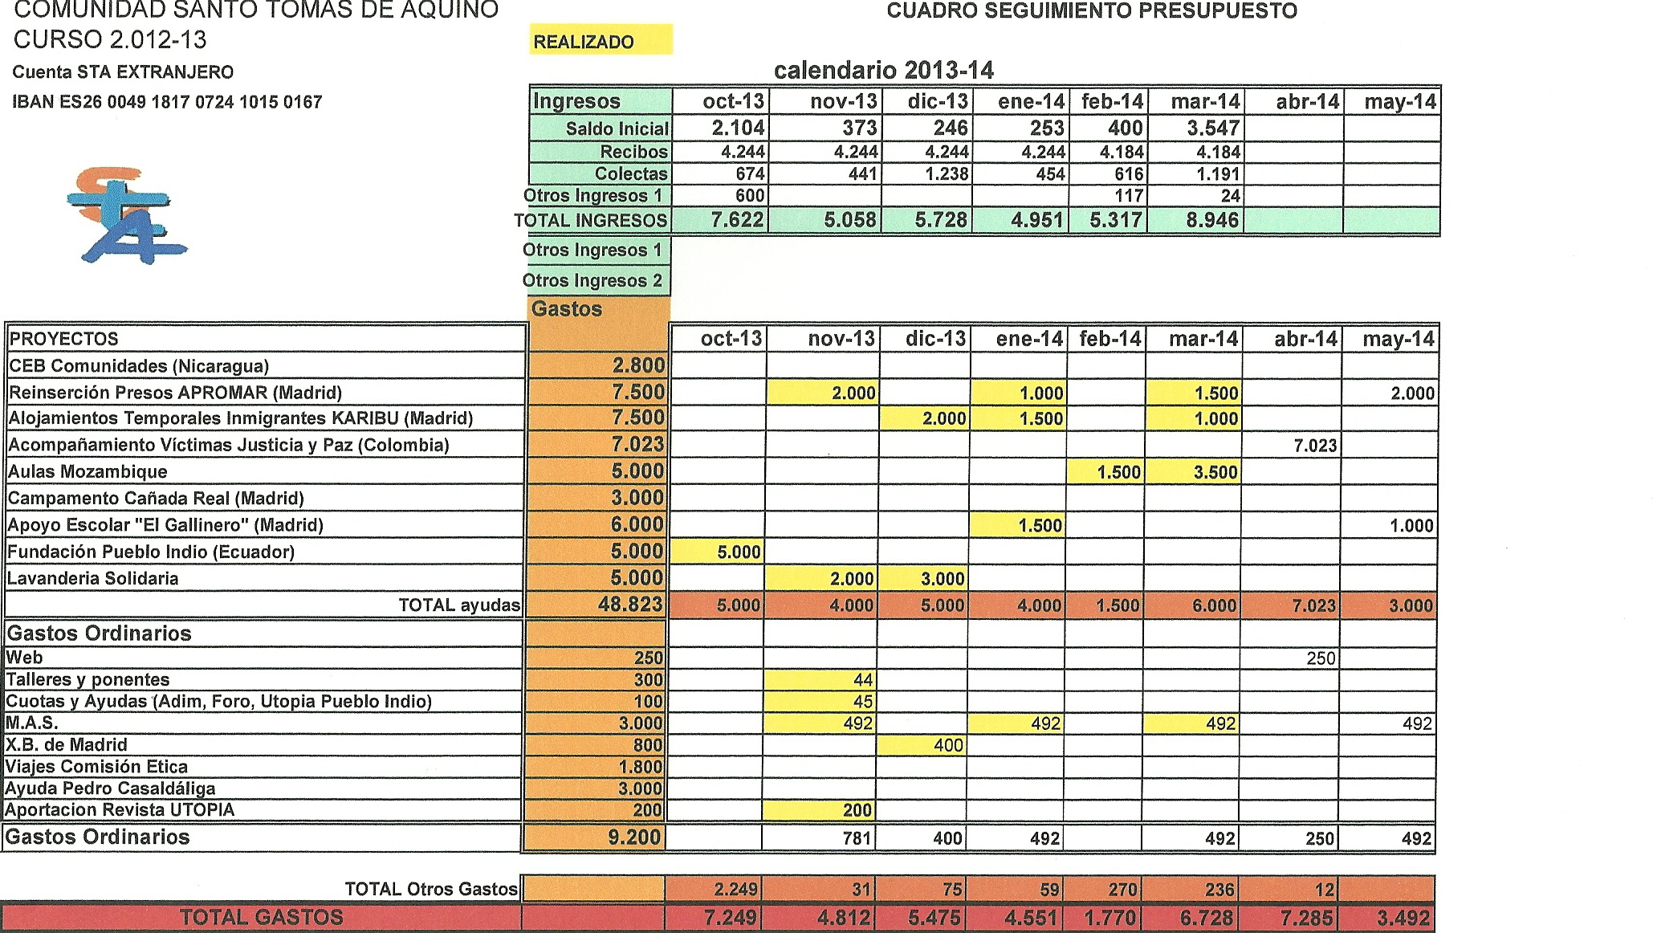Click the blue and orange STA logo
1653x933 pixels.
[126, 215]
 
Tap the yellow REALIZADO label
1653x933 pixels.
[600, 42]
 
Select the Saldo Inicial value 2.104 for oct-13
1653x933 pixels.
[738, 128]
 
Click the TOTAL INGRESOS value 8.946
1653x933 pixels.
[1212, 220]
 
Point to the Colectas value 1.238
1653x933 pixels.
[947, 173]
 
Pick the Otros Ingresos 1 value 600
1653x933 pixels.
[748, 195]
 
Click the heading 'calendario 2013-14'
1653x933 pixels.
[883, 71]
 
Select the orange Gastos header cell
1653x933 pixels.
[598, 309]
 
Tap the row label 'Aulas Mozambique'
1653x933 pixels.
[88, 471]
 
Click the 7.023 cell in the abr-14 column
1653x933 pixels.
[1314, 445]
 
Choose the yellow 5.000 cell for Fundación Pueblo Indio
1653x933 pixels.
[738, 552]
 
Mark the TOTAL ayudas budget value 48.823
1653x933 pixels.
[631, 605]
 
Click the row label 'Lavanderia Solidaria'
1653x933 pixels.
[93, 578]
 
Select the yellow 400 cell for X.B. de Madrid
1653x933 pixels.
[947, 745]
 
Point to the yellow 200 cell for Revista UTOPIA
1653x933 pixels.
[857, 810]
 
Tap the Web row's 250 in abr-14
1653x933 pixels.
[1320, 658]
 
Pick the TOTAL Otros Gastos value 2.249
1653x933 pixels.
[735, 889]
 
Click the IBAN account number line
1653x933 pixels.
[167, 102]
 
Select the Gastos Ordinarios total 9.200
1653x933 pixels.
[634, 837]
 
